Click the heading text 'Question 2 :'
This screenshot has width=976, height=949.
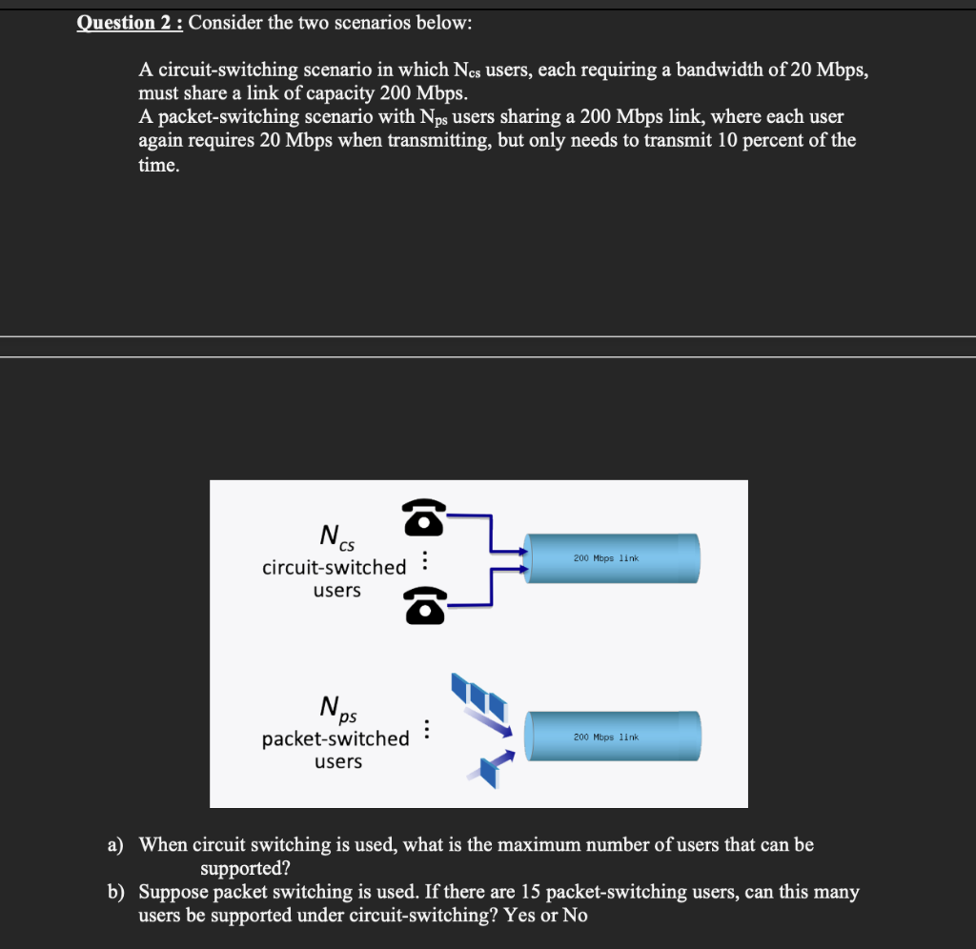click(x=131, y=22)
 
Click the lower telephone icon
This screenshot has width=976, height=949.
click(x=425, y=605)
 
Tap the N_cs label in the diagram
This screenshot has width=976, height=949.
click(x=336, y=536)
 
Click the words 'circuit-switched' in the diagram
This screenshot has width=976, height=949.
click(x=334, y=567)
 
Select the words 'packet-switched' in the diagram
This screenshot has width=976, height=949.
click(x=335, y=738)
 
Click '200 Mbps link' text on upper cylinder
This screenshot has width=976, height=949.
click(x=605, y=557)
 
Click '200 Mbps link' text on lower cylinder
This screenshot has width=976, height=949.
click(x=605, y=737)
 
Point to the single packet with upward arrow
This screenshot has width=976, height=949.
click(x=491, y=768)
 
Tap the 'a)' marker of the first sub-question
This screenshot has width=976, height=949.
click(x=115, y=844)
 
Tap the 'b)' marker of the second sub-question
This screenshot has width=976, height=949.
click(x=115, y=893)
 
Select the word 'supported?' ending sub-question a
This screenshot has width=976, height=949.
click(x=245, y=869)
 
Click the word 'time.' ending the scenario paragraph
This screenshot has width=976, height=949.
click(x=158, y=165)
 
